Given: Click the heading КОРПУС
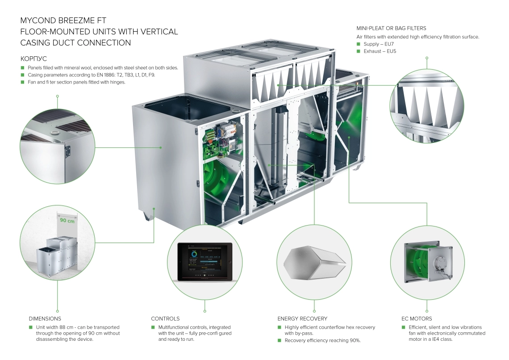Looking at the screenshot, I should coord(33,59).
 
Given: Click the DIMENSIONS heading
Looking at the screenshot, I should coord(45,318).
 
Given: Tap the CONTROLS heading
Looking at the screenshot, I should coord(165,318).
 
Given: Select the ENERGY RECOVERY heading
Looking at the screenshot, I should coord(302,318).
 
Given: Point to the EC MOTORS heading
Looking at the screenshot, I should coord(417,318).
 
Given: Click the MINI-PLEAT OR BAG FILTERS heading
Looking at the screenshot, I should coord(391,28).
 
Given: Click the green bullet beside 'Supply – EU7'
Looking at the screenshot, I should coord(359,44).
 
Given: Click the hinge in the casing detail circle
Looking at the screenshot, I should coord(68,151).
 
